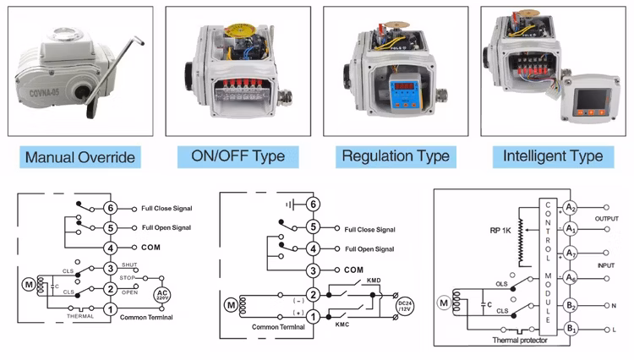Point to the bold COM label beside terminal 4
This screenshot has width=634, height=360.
pos(151,248)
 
